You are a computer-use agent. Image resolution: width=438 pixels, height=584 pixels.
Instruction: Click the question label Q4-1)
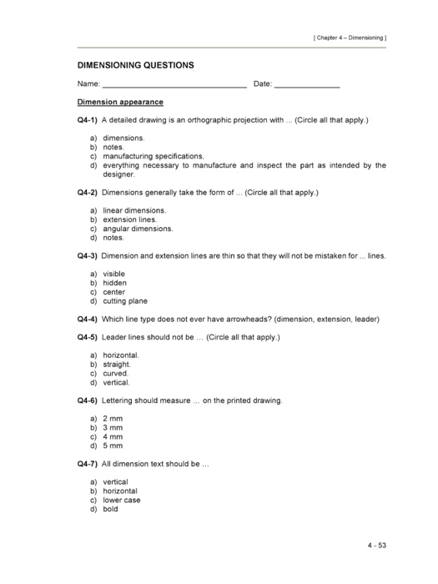click(88, 120)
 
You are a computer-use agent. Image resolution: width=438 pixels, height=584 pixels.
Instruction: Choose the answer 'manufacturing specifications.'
click(154, 156)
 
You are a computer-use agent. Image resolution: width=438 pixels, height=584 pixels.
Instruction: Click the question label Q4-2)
click(88, 193)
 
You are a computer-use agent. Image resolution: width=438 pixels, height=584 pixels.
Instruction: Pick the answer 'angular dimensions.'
click(138, 229)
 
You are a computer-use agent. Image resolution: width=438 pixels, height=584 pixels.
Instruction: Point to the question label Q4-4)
click(88, 320)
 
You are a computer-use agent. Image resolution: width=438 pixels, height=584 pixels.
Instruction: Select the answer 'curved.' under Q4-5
click(116, 374)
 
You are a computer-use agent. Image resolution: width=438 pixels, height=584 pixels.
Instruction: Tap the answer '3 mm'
click(113, 428)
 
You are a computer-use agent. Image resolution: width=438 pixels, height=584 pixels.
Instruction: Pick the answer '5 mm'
click(113, 446)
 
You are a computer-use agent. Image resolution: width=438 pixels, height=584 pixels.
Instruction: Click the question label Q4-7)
click(88, 464)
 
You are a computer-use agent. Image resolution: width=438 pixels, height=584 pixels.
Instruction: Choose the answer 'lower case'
click(122, 501)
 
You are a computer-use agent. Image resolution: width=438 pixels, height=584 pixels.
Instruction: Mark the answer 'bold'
click(111, 510)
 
